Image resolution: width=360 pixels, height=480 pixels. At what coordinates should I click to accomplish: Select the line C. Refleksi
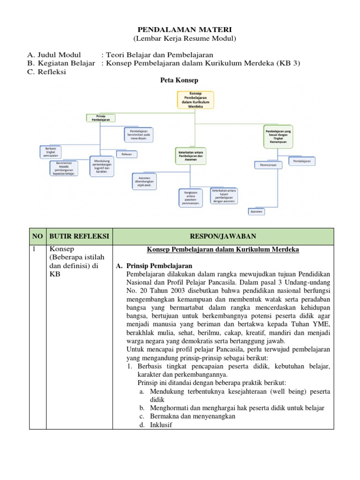click(x=47, y=72)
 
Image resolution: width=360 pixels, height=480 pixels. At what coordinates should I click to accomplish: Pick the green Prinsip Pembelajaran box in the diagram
click(x=99, y=118)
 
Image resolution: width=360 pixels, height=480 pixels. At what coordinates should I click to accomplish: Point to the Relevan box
click(x=127, y=154)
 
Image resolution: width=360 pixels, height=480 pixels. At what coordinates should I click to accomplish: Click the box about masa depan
click(x=139, y=134)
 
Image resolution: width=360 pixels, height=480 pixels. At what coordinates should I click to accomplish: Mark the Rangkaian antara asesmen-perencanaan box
click(x=190, y=197)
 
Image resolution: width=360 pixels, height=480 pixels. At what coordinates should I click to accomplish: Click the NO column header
click(x=37, y=236)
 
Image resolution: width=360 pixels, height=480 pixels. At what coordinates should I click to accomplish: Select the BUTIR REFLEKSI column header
click(x=79, y=236)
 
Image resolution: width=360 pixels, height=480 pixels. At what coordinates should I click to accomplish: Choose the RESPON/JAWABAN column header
click(x=223, y=236)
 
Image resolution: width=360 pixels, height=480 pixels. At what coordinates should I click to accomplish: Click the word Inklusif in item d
click(x=161, y=425)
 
